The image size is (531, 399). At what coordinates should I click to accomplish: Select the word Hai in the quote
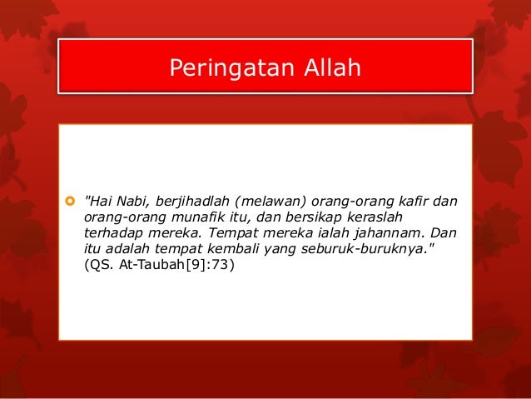pos(98,201)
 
